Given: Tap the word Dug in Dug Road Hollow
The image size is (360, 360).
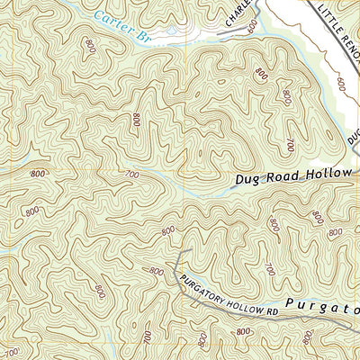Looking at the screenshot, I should [247, 179].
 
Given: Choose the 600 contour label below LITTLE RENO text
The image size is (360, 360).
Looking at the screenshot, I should [341, 83].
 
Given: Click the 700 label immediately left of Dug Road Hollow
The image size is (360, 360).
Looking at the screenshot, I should [132, 175].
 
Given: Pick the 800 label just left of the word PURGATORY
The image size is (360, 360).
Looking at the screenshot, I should [157, 271].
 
